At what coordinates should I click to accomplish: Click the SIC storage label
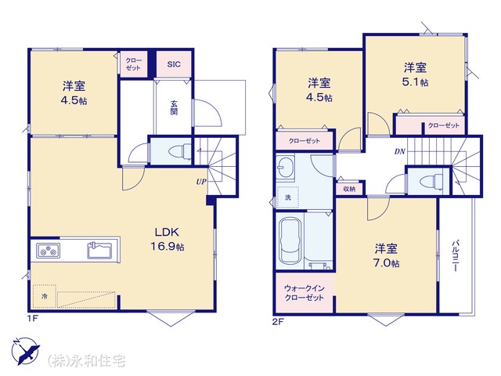[x=174, y=64]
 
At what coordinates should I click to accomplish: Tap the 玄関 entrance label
[x=174, y=107]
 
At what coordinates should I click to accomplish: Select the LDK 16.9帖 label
[x=167, y=239]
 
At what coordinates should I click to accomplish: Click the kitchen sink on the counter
[x=99, y=251]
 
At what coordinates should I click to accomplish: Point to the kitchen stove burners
[x=48, y=251]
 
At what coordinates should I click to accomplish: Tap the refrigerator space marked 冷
[x=44, y=296]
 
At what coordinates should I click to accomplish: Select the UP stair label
[x=201, y=182]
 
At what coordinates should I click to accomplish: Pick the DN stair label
[x=400, y=151]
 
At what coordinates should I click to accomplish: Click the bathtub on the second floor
[x=290, y=240]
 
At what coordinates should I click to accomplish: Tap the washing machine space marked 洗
[x=288, y=197]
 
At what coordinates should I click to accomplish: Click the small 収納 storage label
[x=349, y=189]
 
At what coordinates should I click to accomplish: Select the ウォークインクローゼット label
[x=305, y=293]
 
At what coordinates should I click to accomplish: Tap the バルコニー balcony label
[x=455, y=256]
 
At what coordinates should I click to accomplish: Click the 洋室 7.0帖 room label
[x=387, y=255]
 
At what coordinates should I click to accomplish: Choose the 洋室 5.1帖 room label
[x=415, y=74]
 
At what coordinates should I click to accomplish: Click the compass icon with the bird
[x=25, y=351]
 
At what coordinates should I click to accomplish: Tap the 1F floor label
[x=33, y=319]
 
